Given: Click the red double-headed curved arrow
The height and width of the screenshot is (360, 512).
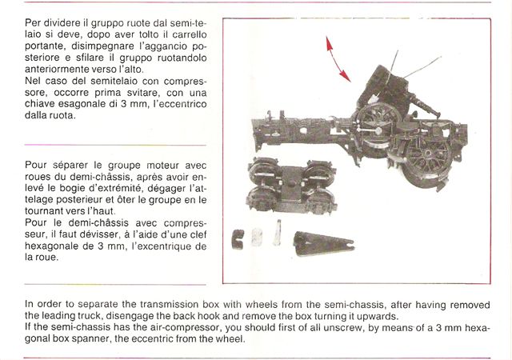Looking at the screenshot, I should [x=337, y=58].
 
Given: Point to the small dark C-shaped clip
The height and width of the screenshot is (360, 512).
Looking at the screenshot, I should [x=238, y=238].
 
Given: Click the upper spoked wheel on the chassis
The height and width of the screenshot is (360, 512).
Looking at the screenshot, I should [x=375, y=119].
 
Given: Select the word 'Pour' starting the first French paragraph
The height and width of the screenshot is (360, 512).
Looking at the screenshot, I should [x=38, y=162].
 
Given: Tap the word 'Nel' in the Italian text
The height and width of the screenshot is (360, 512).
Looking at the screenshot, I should [x=34, y=81].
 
